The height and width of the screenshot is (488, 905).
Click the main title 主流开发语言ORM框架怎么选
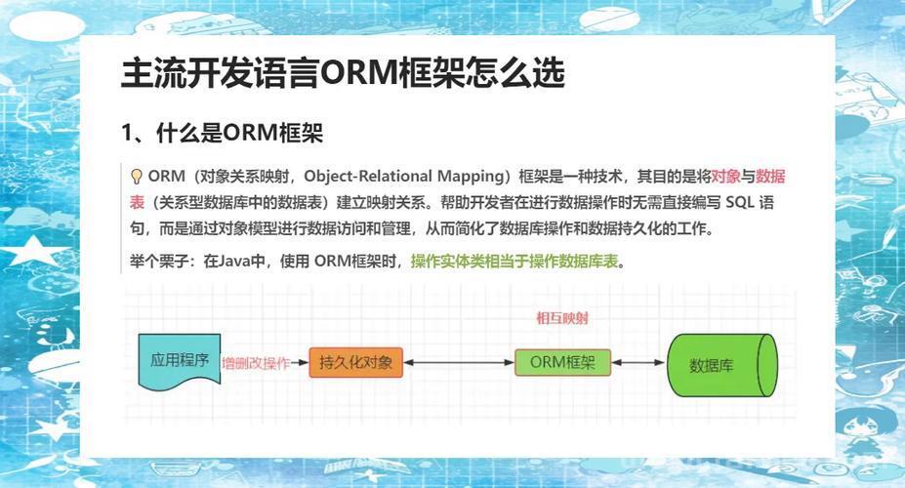tap(343, 72)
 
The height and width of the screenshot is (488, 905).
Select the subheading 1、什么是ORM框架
tap(223, 134)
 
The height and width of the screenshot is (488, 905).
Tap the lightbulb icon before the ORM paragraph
tap(137, 176)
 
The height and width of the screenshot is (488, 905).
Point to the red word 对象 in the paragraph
tap(725, 176)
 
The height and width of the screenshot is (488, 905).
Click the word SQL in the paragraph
tap(739, 202)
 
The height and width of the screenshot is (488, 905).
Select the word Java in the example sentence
tap(235, 262)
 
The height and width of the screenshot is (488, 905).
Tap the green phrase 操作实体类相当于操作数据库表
tap(514, 262)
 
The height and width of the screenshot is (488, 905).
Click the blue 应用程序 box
tap(180, 360)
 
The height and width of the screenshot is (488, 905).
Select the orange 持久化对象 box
tap(355, 362)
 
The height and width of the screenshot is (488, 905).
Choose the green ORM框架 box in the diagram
tap(562, 362)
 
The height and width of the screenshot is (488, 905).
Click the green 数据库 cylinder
tap(722, 365)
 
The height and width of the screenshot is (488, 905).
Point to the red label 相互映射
tap(562, 318)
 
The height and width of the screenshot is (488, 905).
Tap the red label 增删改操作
tap(256, 363)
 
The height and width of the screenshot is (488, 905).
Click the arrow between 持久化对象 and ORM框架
tap(459, 363)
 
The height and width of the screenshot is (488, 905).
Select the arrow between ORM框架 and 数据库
tap(638, 363)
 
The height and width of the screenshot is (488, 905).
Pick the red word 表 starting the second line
tap(137, 202)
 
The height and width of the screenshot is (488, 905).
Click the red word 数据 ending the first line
tap(770, 176)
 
